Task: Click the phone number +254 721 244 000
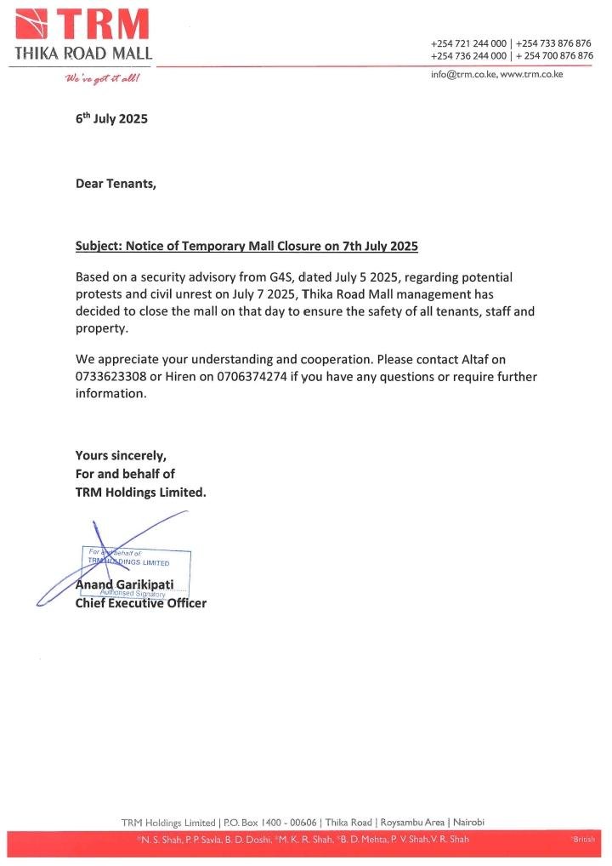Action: click(468, 43)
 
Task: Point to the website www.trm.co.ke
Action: click(531, 75)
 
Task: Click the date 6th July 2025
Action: click(111, 119)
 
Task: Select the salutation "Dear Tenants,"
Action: click(116, 183)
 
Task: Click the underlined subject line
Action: click(246, 247)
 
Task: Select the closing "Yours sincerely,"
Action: click(121, 455)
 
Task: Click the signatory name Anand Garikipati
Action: click(125, 586)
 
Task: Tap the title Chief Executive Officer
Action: click(140, 603)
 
